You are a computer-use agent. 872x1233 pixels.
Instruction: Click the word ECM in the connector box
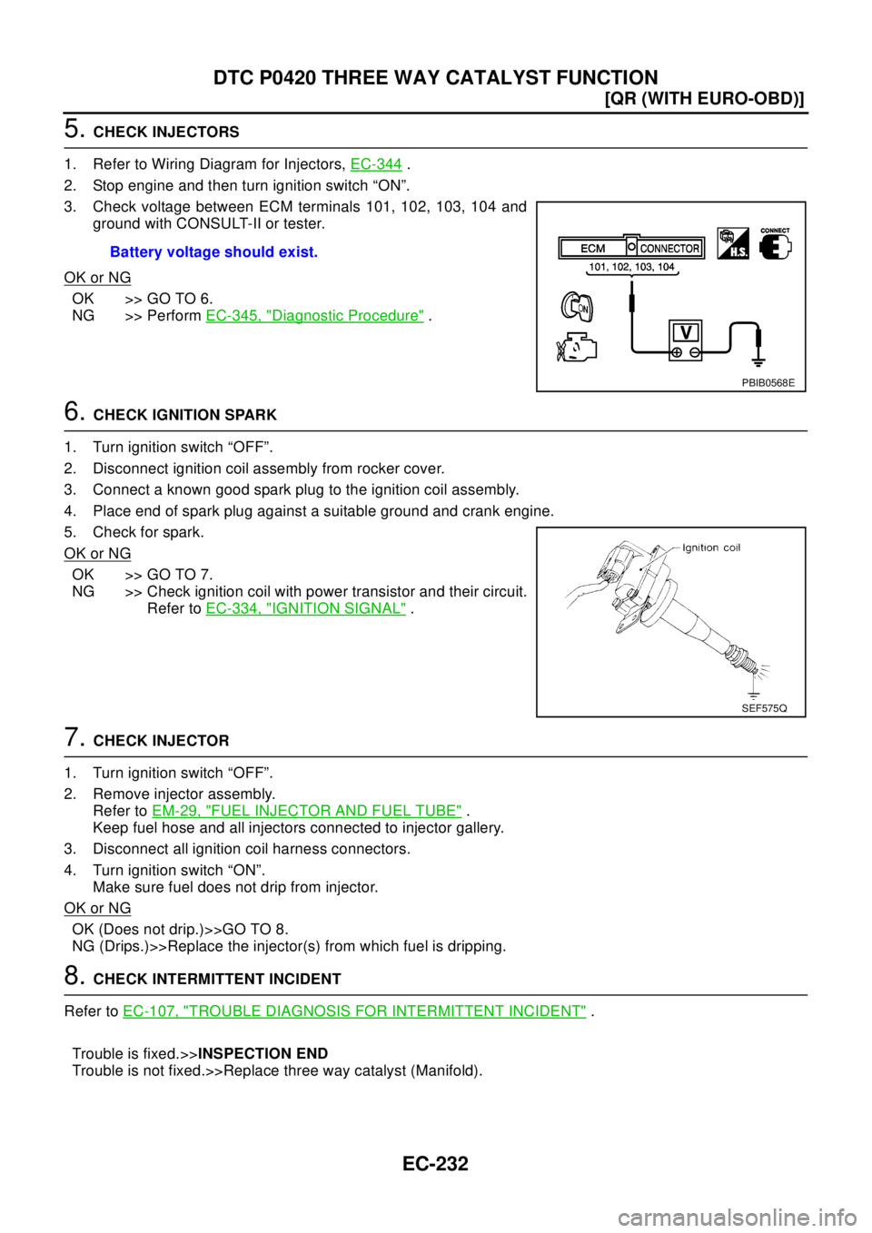pyautogui.click(x=592, y=248)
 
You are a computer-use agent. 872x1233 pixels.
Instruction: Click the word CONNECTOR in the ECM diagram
pyautogui.click(x=669, y=248)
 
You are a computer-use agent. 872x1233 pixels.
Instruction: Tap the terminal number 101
pyautogui.click(x=599, y=267)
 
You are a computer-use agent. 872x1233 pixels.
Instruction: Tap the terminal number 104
pyautogui.click(x=666, y=267)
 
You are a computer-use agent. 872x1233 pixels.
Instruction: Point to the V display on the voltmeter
pyautogui.click(x=687, y=332)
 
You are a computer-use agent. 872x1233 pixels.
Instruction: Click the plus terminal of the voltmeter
pyautogui.click(x=677, y=351)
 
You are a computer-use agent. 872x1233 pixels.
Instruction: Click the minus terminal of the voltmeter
pyautogui.click(x=695, y=351)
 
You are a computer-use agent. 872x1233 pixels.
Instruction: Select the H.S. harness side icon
pyautogui.click(x=732, y=243)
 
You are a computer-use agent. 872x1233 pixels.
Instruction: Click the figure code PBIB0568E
pyautogui.click(x=768, y=382)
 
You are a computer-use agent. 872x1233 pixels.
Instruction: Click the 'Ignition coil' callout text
pyautogui.click(x=712, y=547)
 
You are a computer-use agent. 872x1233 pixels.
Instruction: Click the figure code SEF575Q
pyautogui.click(x=764, y=707)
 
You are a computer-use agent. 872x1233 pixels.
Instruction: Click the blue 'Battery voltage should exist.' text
pyautogui.click(x=213, y=252)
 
